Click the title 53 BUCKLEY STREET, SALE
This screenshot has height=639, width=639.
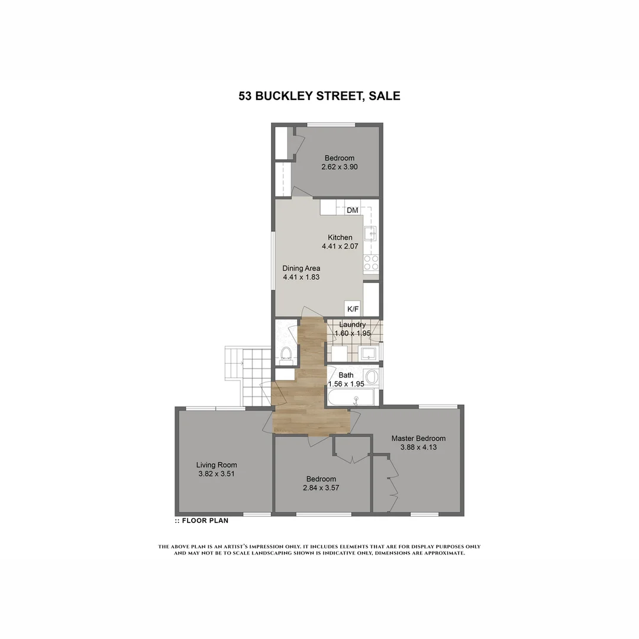(x=319, y=96)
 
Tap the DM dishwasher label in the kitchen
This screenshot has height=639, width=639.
(x=353, y=210)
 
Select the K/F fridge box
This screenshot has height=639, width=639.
(x=353, y=309)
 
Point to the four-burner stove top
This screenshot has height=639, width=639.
(x=371, y=263)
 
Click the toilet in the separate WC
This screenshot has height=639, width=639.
(x=286, y=354)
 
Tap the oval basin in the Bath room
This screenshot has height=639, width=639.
(x=372, y=377)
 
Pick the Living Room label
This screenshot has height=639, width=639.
(x=217, y=464)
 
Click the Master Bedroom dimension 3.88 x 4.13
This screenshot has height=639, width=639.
(x=418, y=447)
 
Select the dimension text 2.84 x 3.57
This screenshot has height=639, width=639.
(x=321, y=488)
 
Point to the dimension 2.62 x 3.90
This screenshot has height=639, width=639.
(x=339, y=167)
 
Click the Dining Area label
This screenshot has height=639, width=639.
(x=301, y=268)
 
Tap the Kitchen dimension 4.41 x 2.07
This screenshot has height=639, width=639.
(x=340, y=246)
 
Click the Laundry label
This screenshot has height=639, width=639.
(x=352, y=325)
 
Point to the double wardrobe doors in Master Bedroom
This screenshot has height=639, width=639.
(x=392, y=485)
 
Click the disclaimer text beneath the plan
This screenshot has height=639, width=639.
(x=319, y=550)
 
